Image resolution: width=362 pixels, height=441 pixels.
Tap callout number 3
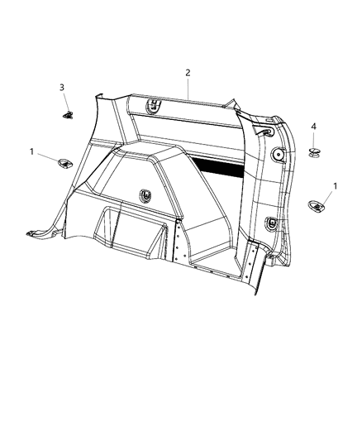click(61, 87)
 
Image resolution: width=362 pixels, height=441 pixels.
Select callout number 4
click(314, 126)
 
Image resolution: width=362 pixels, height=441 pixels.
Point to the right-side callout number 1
click(335, 186)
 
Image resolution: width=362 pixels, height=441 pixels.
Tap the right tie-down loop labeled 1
click(317, 208)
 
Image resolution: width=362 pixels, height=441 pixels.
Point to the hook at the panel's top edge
click(154, 105)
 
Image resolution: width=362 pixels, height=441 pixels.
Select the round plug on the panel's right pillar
click(278, 156)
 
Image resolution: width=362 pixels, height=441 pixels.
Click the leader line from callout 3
click(64, 99)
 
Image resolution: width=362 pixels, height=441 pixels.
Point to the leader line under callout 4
click(314, 137)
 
